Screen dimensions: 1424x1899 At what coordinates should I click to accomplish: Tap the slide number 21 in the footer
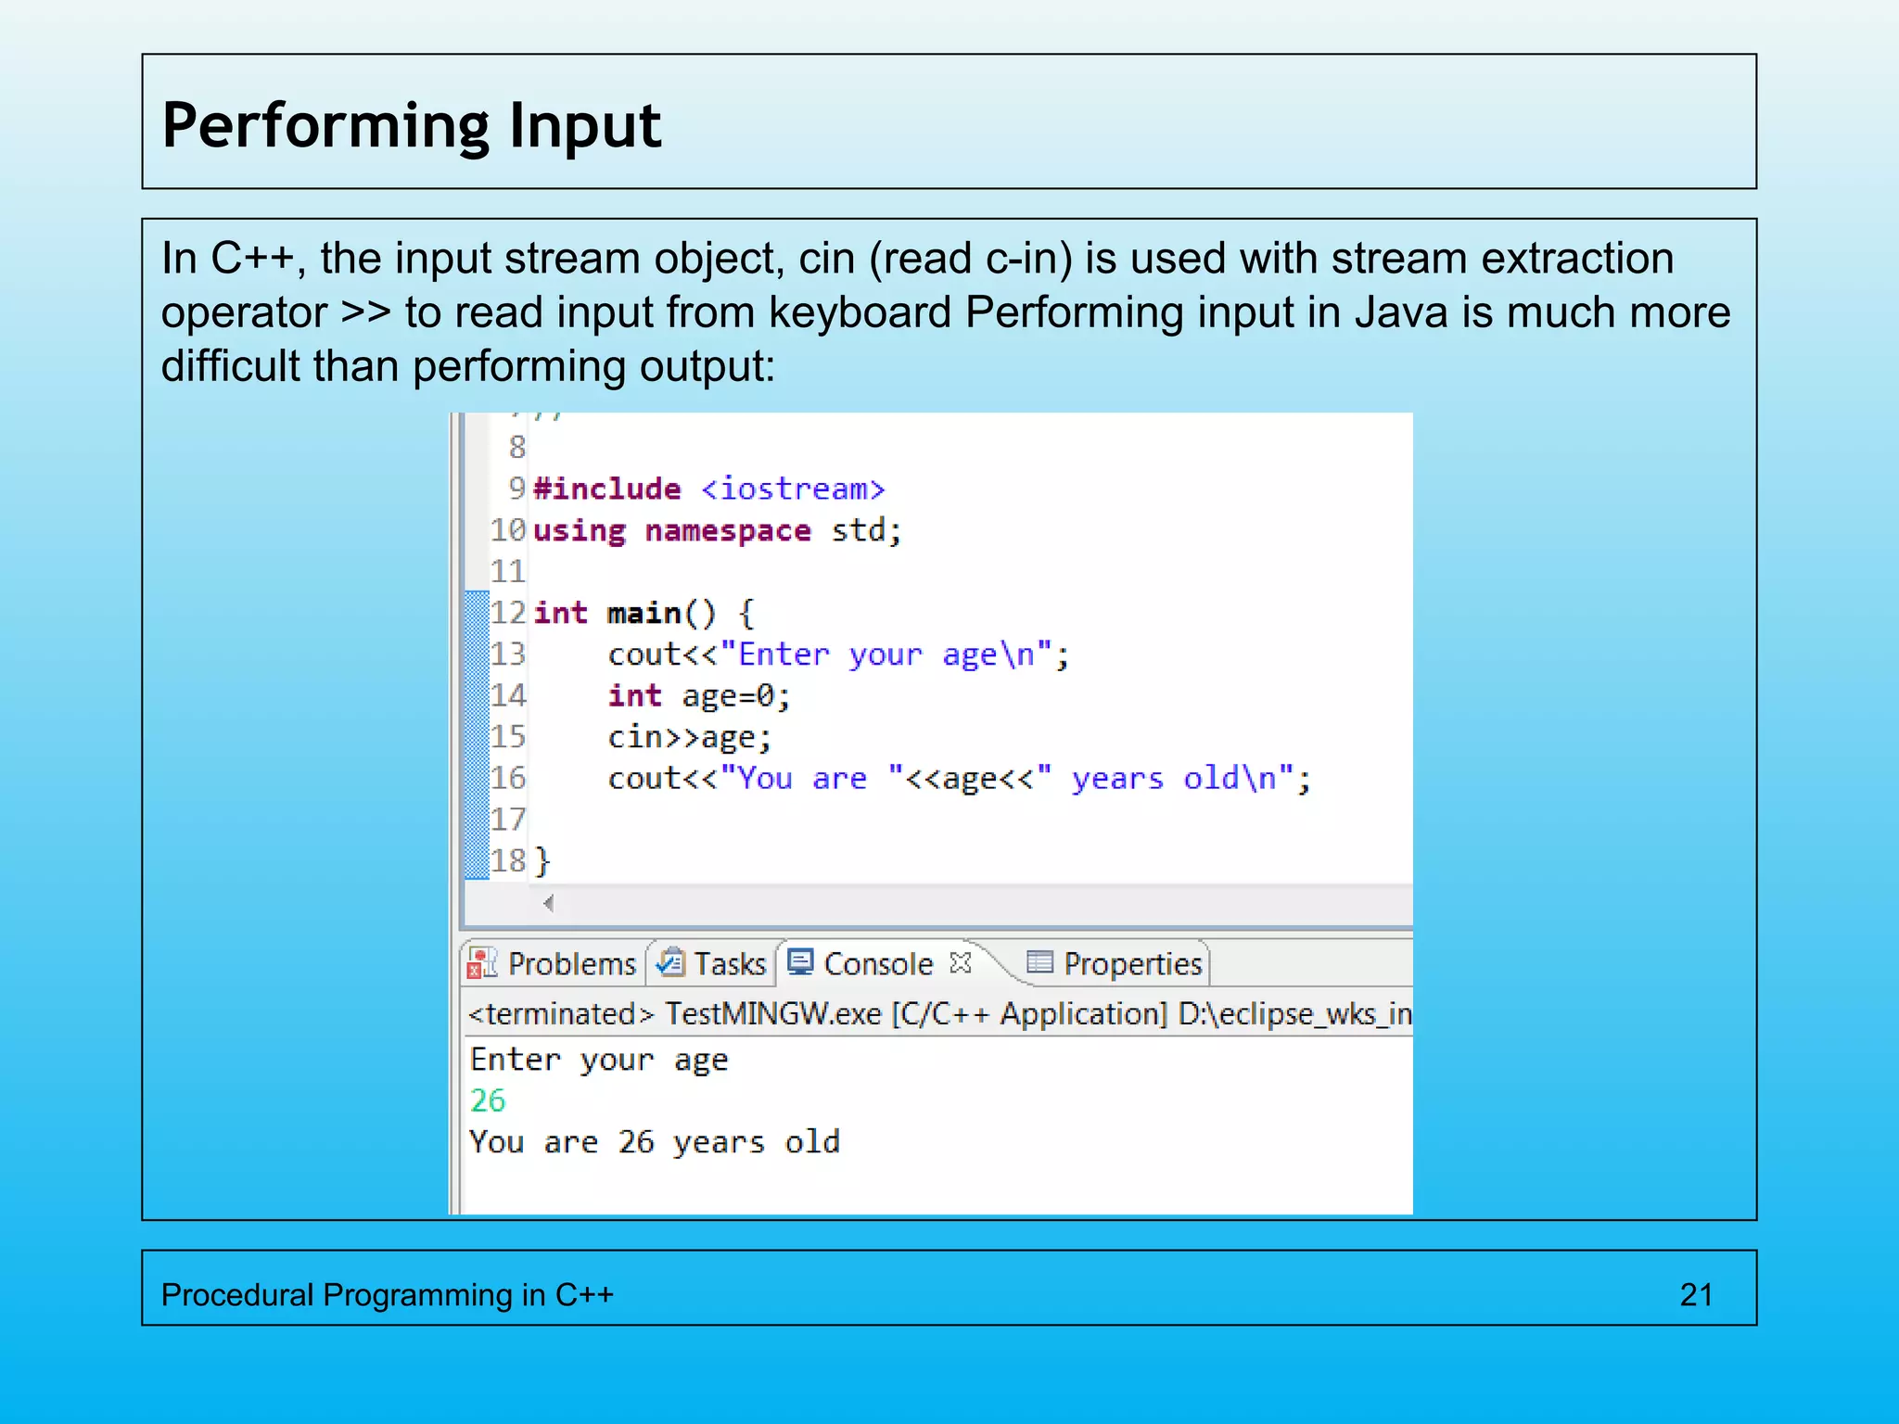pyautogui.click(x=1696, y=1294)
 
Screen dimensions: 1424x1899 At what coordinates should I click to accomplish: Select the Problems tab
pyautogui.click(x=571, y=964)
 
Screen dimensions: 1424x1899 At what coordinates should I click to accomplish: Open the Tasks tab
pyautogui.click(x=730, y=964)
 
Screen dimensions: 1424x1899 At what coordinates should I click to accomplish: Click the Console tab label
pyautogui.click(x=877, y=964)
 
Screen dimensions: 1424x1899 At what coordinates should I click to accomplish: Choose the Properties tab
pyautogui.click(x=1132, y=964)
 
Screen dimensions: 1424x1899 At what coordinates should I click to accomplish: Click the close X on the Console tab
pyautogui.click(x=961, y=963)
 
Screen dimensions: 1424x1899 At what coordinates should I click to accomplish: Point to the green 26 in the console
pyautogui.click(x=488, y=1100)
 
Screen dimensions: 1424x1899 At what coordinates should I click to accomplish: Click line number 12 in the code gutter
pyautogui.click(x=508, y=613)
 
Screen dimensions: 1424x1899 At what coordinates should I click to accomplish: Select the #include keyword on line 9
pyautogui.click(x=607, y=489)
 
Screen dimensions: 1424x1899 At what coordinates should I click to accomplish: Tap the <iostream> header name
pyautogui.click(x=793, y=489)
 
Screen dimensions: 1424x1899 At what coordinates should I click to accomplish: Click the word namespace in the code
pyautogui.click(x=728, y=530)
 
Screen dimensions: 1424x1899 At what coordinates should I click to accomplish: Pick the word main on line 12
pyautogui.click(x=644, y=613)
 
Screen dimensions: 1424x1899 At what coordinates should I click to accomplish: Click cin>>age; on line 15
pyautogui.click(x=689, y=737)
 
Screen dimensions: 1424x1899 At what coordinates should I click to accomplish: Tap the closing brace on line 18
pyautogui.click(x=543, y=861)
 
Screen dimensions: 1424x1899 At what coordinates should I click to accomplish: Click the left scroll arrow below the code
pyautogui.click(x=549, y=903)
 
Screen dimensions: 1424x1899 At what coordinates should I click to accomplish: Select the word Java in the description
pyautogui.click(x=1401, y=312)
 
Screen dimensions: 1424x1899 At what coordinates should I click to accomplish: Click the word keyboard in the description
pyautogui.click(x=860, y=312)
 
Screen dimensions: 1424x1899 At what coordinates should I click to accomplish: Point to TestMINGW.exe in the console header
pyautogui.click(x=772, y=1013)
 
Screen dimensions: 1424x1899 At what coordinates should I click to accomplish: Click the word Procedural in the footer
pyautogui.click(x=236, y=1294)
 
